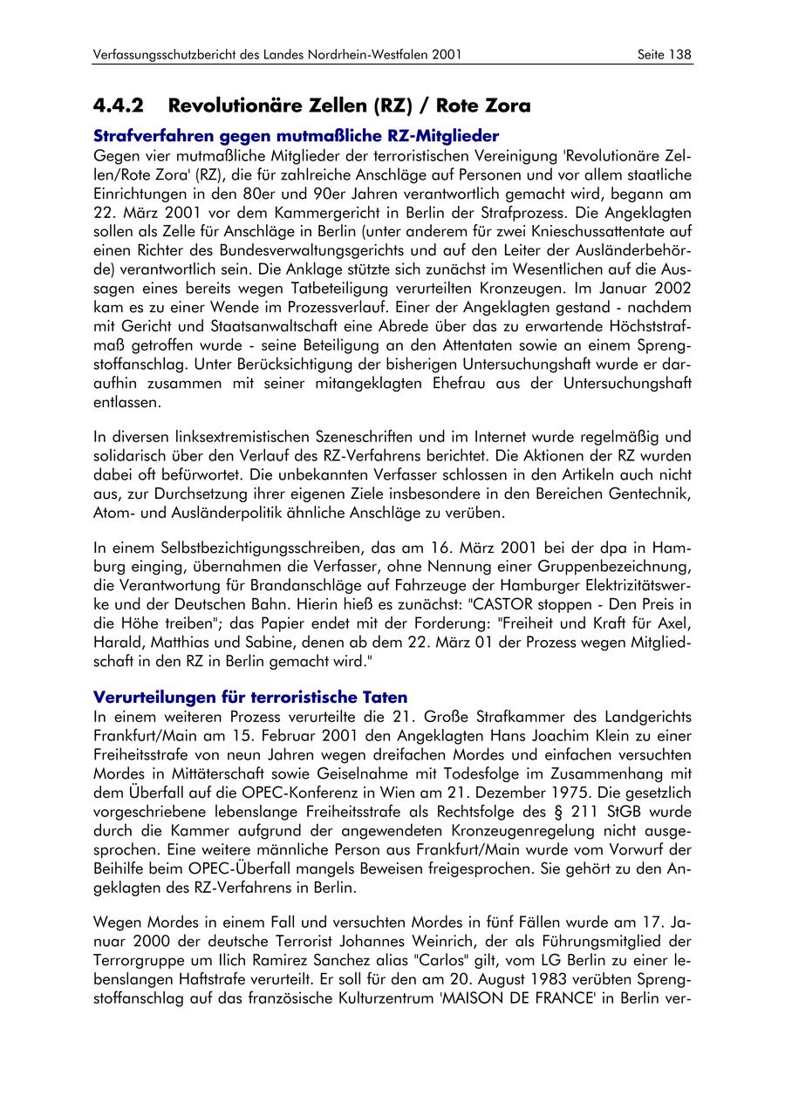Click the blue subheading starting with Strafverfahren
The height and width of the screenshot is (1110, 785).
297,136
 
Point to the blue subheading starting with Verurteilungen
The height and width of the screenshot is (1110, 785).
250,698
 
